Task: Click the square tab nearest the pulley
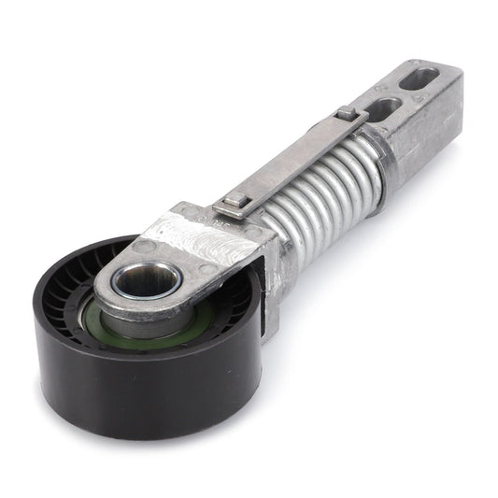[x=231, y=201]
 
